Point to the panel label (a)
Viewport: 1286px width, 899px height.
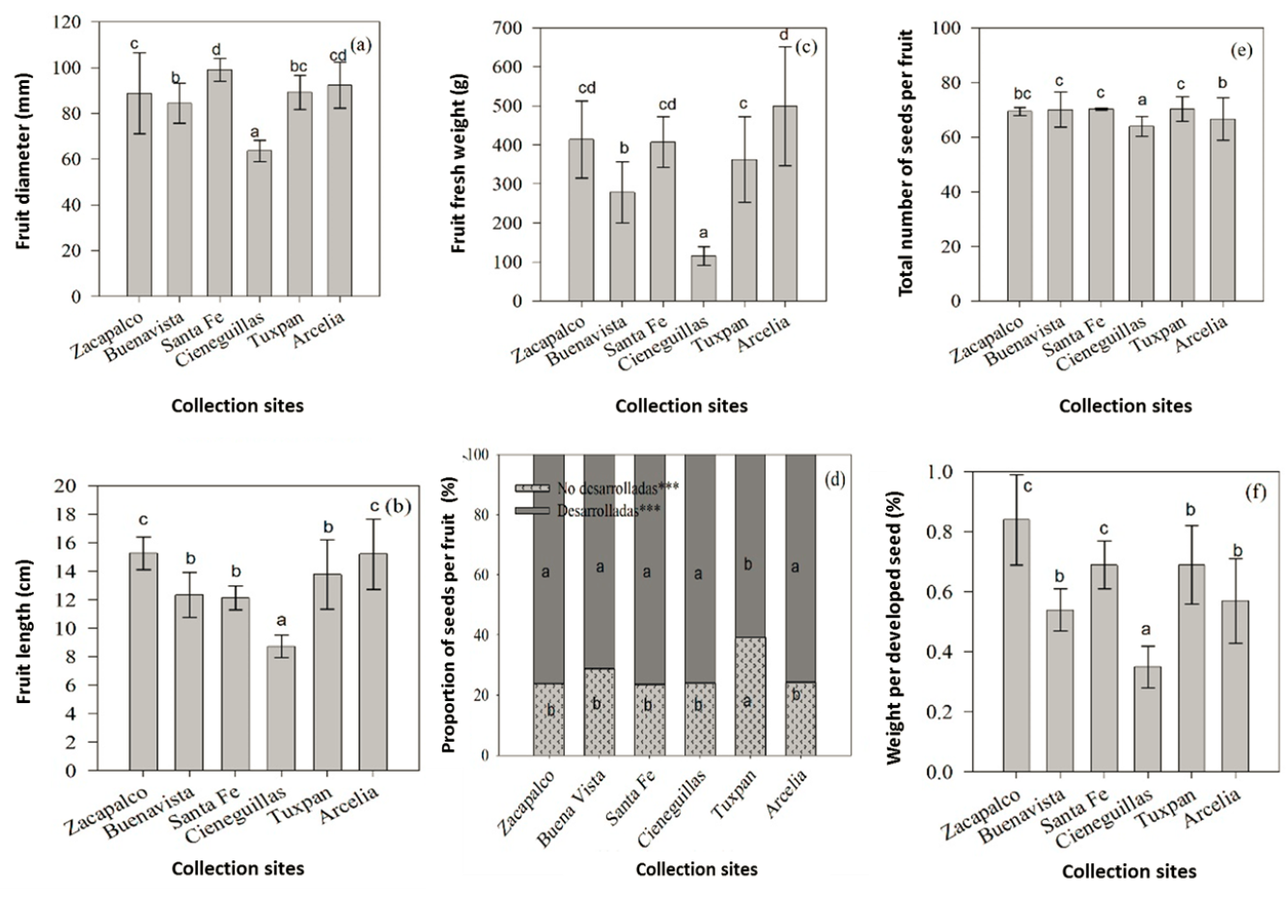click(x=361, y=44)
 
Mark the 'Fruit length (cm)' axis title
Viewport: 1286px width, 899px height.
click(x=24, y=628)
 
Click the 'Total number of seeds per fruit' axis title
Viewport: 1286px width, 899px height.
click(x=907, y=162)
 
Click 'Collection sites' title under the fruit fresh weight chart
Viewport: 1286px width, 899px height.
click(x=681, y=407)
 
